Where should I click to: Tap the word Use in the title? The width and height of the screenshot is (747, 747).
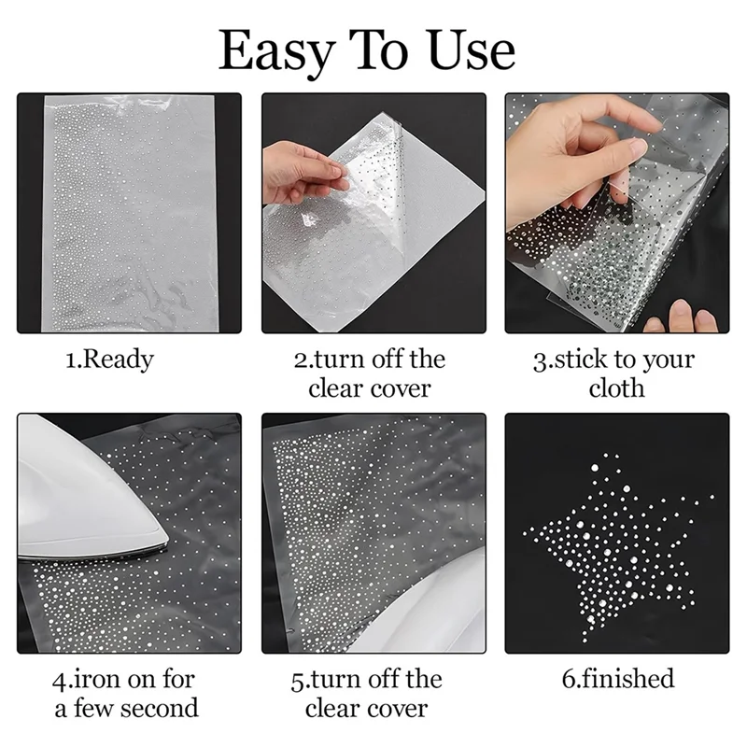pos(472,49)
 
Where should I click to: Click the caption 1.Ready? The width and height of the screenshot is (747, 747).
pos(109,360)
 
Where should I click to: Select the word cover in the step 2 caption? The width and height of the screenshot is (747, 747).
pos(401,388)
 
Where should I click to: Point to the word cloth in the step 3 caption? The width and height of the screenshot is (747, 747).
pos(616,388)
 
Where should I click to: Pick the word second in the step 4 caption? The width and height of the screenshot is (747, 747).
pos(159,708)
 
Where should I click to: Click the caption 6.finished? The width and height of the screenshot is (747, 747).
pos(618,679)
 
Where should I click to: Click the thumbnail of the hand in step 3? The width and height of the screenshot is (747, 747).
pos(638,148)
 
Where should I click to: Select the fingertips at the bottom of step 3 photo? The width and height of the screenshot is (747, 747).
pos(682,317)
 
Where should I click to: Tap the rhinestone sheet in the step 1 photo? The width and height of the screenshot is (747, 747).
pos(130,213)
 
